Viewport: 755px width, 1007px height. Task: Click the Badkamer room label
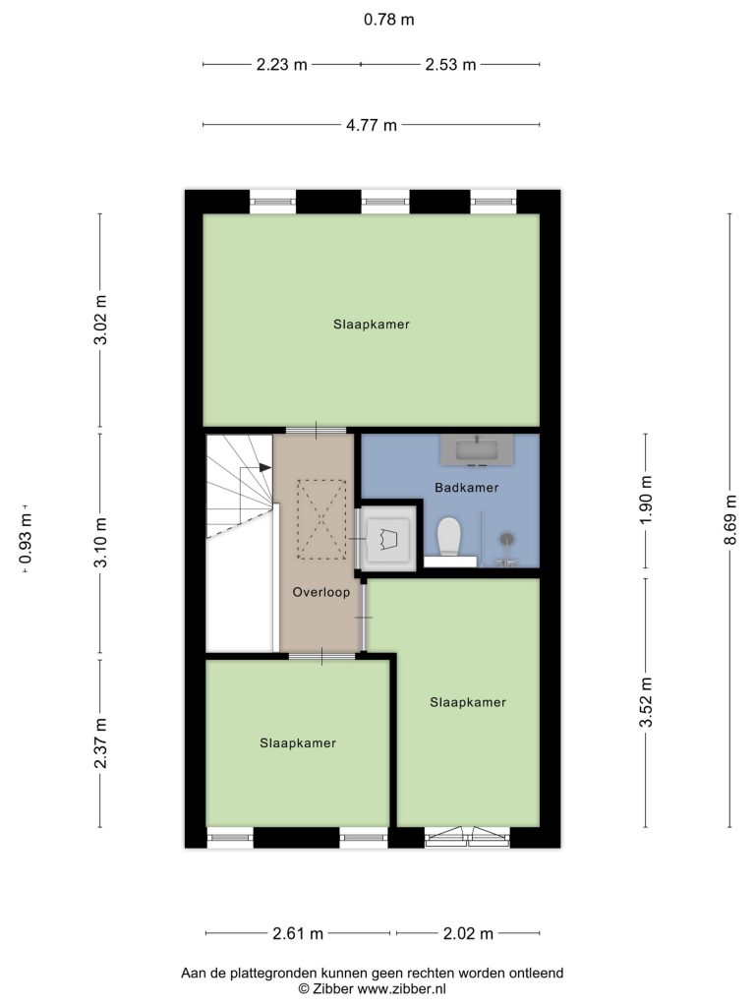point(466,488)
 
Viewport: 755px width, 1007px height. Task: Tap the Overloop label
point(321,592)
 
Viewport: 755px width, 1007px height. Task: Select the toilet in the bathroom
point(449,536)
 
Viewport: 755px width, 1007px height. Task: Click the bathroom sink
point(477,449)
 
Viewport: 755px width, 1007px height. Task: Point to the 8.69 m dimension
point(729,520)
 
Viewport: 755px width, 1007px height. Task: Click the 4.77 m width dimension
point(371,125)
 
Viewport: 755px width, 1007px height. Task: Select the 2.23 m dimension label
point(282,64)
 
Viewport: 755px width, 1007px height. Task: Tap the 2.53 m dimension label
point(450,64)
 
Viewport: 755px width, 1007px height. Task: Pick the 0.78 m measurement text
point(389,20)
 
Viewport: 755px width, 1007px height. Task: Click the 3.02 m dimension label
point(100,320)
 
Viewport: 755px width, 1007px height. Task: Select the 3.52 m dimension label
point(646,702)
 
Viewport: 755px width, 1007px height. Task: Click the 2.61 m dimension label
point(298,933)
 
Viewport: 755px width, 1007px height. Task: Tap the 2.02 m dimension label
point(468,933)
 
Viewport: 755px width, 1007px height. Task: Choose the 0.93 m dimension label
point(26,538)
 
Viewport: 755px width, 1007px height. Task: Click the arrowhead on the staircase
point(264,467)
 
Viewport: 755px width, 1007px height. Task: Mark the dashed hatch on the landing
point(321,519)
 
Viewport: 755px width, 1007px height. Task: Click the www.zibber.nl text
point(401,989)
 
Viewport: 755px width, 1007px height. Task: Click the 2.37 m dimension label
point(100,743)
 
